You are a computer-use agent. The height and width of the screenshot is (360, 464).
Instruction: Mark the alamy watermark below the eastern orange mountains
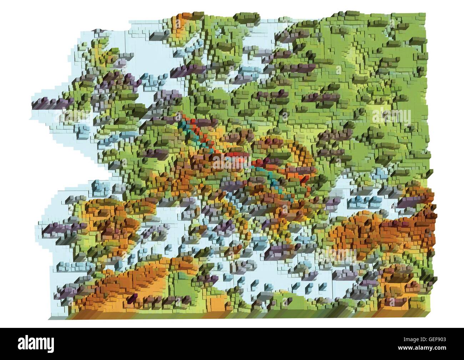(337, 255)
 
